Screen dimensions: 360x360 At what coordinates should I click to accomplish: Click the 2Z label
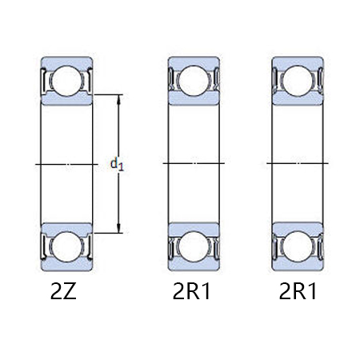click(63, 292)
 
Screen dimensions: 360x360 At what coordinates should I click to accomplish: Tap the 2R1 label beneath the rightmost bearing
click(298, 292)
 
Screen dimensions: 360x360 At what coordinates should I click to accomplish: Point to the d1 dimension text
click(117, 164)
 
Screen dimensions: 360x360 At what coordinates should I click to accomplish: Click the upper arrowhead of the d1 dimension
click(119, 99)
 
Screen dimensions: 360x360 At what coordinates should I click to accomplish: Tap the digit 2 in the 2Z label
click(56, 292)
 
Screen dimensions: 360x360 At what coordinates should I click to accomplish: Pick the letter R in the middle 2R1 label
click(193, 292)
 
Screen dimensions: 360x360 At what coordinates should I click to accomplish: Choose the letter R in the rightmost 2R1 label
click(298, 292)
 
